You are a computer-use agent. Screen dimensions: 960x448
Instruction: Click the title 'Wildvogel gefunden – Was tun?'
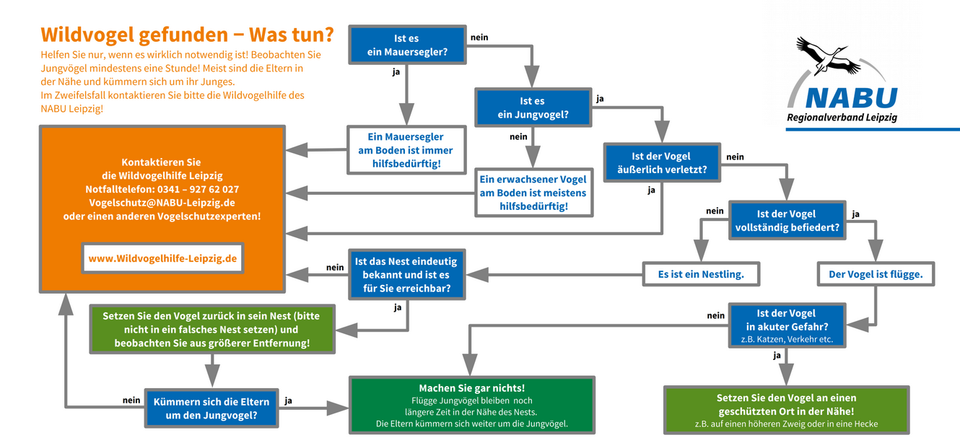(x=187, y=35)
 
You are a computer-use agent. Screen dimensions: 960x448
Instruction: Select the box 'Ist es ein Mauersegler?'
(x=407, y=45)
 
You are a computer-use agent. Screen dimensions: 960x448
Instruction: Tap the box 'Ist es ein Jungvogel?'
(x=533, y=107)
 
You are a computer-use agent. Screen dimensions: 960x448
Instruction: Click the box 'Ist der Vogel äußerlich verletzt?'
(x=662, y=163)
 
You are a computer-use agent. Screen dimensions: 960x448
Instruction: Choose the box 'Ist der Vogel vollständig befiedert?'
(x=787, y=221)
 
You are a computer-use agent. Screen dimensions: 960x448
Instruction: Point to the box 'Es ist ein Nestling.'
(x=701, y=274)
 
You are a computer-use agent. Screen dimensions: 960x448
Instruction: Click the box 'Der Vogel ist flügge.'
(x=876, y=274)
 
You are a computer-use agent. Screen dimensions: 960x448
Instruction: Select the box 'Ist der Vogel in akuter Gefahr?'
(x=787, y=325)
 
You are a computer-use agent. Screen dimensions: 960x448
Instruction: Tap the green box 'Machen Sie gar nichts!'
(x=472, y=405)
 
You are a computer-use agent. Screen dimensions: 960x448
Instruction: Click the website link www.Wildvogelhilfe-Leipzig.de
(x=163, y=258)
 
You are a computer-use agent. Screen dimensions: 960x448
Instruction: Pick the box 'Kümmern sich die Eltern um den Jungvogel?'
(x=211, y=408)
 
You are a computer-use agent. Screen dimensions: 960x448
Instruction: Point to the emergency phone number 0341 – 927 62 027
(x=198, y=189)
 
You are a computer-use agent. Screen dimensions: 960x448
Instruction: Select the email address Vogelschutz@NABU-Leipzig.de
(x=162, y=203)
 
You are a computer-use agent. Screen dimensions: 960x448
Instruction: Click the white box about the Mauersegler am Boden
(x=406, y=150)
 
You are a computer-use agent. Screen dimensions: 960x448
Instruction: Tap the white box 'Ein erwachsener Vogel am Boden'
(x=533, y=193)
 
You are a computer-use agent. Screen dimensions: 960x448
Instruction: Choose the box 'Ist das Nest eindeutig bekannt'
(x=406, y=275)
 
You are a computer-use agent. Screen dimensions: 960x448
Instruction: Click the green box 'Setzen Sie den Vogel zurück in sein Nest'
(x=212, y=330)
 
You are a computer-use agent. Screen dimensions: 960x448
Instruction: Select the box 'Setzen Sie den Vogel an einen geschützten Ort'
(x=787, y=410)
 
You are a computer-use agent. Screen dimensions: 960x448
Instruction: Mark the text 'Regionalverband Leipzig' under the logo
(x=842, y=118)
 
